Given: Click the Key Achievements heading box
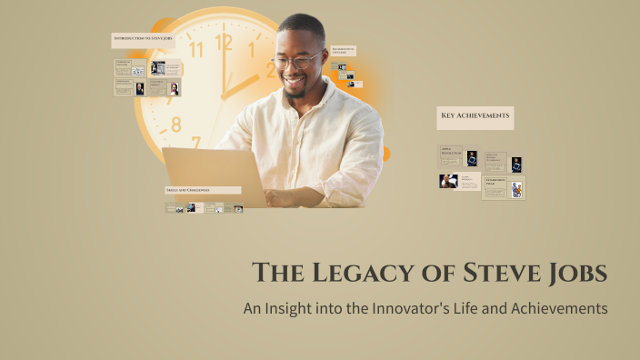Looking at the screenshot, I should point(475,116).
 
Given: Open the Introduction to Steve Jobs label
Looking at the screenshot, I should point(143,40).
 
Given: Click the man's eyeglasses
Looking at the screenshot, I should point(298,62).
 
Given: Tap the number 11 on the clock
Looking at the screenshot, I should point(195,50).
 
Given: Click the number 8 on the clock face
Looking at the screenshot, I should point(176,124).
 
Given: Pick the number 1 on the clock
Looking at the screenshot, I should point(252,49).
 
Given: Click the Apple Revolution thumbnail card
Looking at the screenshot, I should point(459,156).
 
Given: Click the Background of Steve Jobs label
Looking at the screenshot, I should point(344,51).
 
